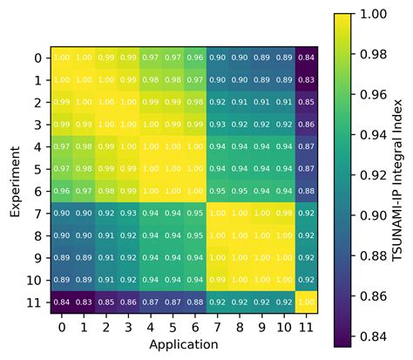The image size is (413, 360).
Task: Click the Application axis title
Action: coord(184,344)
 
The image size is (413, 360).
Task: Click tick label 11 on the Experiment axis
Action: coord(34,302)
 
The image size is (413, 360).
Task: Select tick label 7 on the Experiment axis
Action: coord(37,213)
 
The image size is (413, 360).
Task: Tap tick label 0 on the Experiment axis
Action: coord(37,58)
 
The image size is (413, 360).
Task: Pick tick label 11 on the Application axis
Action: coord(306,327)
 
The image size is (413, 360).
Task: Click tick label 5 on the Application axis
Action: coord(173,327)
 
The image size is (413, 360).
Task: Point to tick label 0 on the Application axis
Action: coord(62,327)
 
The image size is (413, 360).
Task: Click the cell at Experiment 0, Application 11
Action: coord(306,58)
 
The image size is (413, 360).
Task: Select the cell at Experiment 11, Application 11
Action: coord(306,302)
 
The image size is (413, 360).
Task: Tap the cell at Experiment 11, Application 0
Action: coord(62,302)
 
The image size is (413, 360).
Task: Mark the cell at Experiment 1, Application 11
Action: coord(306,79)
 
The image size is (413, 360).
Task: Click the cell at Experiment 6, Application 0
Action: coord(62,191)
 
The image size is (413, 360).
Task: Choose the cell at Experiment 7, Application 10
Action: coord(284,213)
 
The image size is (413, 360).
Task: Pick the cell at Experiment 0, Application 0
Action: coord(62,58)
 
